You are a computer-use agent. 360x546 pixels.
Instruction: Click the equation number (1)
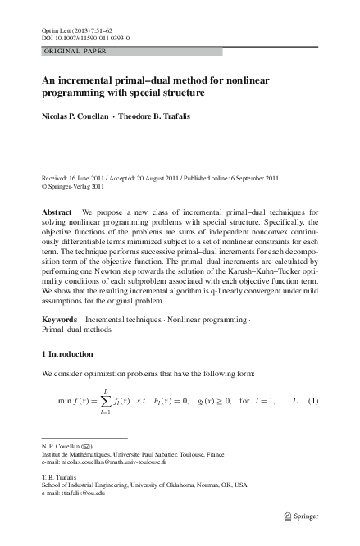coord(312,402)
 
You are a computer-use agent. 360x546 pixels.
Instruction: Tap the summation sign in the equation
coord(107,402)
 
